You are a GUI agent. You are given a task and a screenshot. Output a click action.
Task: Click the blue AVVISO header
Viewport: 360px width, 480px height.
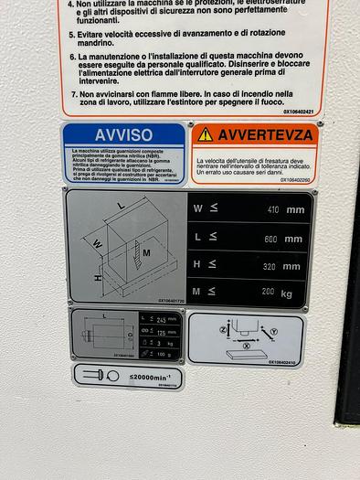tap(123, 134)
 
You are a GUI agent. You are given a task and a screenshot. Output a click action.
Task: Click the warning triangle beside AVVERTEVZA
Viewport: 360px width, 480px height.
tap(206, 134)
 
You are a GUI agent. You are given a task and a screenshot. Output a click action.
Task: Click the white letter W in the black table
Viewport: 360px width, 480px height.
tap(198, 208)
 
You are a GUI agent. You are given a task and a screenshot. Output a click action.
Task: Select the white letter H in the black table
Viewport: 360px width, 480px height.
tap(198, 266)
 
